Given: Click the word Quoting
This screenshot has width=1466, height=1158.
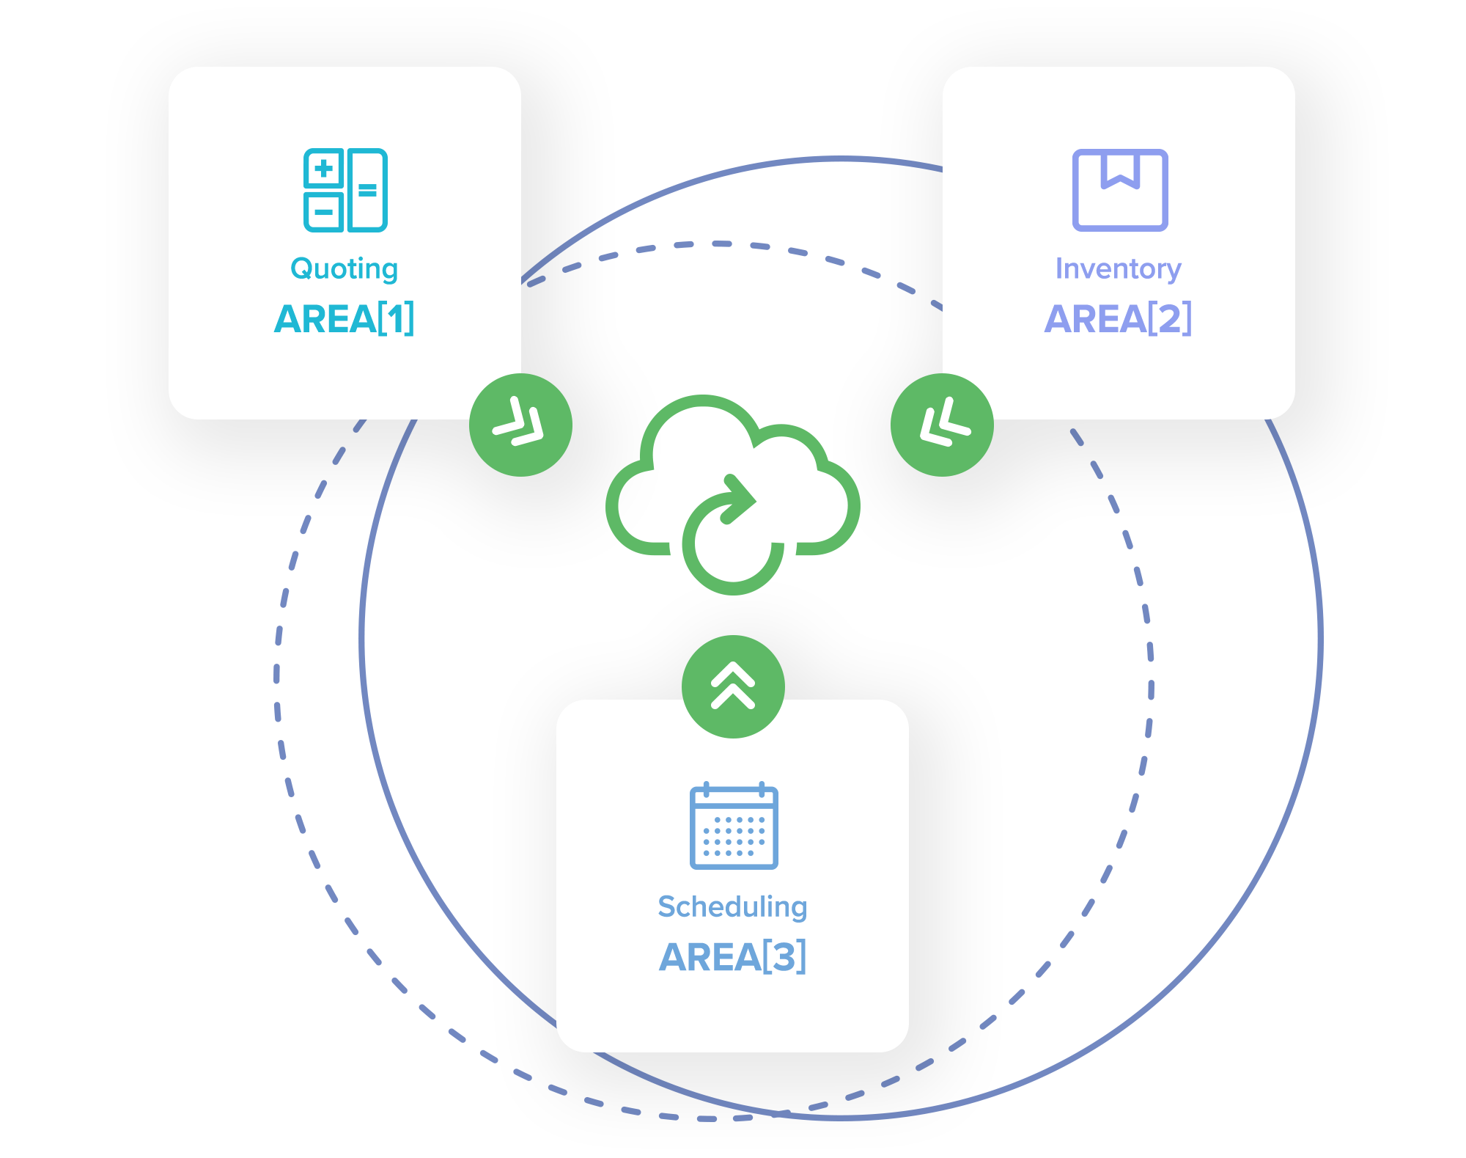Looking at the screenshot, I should (345, 269).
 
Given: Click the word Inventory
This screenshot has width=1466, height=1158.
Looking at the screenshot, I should (1118, 269).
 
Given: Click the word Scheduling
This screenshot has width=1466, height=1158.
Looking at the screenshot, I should (732, 907).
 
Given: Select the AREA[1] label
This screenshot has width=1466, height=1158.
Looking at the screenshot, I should (345, 319).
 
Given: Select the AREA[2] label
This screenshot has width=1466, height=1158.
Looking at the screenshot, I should (1118, 319).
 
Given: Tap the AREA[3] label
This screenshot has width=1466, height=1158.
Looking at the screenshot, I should (732, 957).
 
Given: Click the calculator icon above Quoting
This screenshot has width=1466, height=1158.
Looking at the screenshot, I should (345, 190).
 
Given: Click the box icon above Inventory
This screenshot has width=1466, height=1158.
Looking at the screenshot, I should (1119, 190).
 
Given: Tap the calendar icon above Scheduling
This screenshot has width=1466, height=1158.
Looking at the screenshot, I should (733, 827).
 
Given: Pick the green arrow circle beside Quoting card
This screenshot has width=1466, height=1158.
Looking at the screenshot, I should (520, 425).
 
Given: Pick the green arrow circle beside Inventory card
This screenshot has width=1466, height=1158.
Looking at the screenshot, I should (942, 425).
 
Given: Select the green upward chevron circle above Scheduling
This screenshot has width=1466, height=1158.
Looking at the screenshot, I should (733, 686).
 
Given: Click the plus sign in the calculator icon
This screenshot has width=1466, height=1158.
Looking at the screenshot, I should (323, 169).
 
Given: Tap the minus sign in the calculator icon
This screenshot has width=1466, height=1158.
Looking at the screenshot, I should (323, 213).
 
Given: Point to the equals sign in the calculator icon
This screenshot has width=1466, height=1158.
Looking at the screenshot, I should (367, 191).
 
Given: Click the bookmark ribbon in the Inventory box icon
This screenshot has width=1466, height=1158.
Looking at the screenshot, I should (1120, 170).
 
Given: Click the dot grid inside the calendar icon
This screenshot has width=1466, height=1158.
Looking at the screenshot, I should (734, 836).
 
